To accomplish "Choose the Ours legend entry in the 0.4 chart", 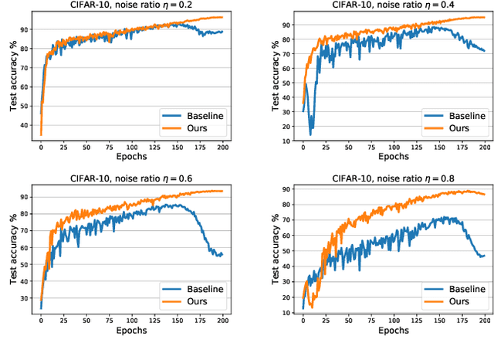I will (x=458, y=127).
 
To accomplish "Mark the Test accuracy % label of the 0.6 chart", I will (x=13, y=248).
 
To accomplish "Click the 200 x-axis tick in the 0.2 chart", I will (x=222, y=145).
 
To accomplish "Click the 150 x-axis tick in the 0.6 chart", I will (x=177, y=320).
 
